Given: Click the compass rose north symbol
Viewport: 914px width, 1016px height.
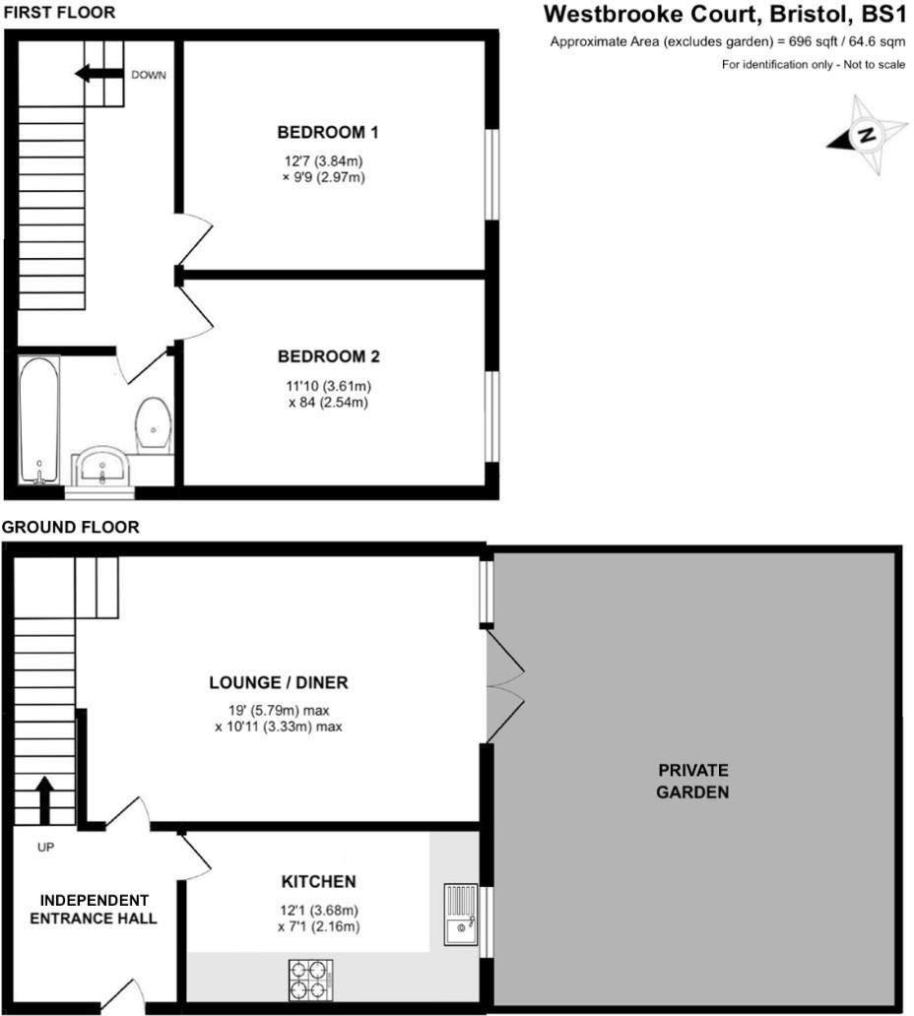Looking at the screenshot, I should (x=867, y=136).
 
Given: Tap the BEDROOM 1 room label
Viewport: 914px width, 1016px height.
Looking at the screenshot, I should (x=328, y=132).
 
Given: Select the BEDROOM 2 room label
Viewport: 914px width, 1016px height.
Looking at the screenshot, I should (x=328, y=356).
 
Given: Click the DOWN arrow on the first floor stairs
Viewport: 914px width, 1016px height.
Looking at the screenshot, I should (x=98, y=74).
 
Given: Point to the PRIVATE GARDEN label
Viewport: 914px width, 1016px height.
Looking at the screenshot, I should (x=693, y=781).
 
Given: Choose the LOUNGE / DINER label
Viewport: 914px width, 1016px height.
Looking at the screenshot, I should (x=279, y=682).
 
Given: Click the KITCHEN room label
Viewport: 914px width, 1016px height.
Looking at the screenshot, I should (x=318, y=881).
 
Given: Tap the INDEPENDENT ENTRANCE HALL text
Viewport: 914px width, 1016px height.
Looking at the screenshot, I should (x=94, y=909).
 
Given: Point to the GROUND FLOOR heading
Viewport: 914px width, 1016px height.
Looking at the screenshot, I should (x=70, y=528).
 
